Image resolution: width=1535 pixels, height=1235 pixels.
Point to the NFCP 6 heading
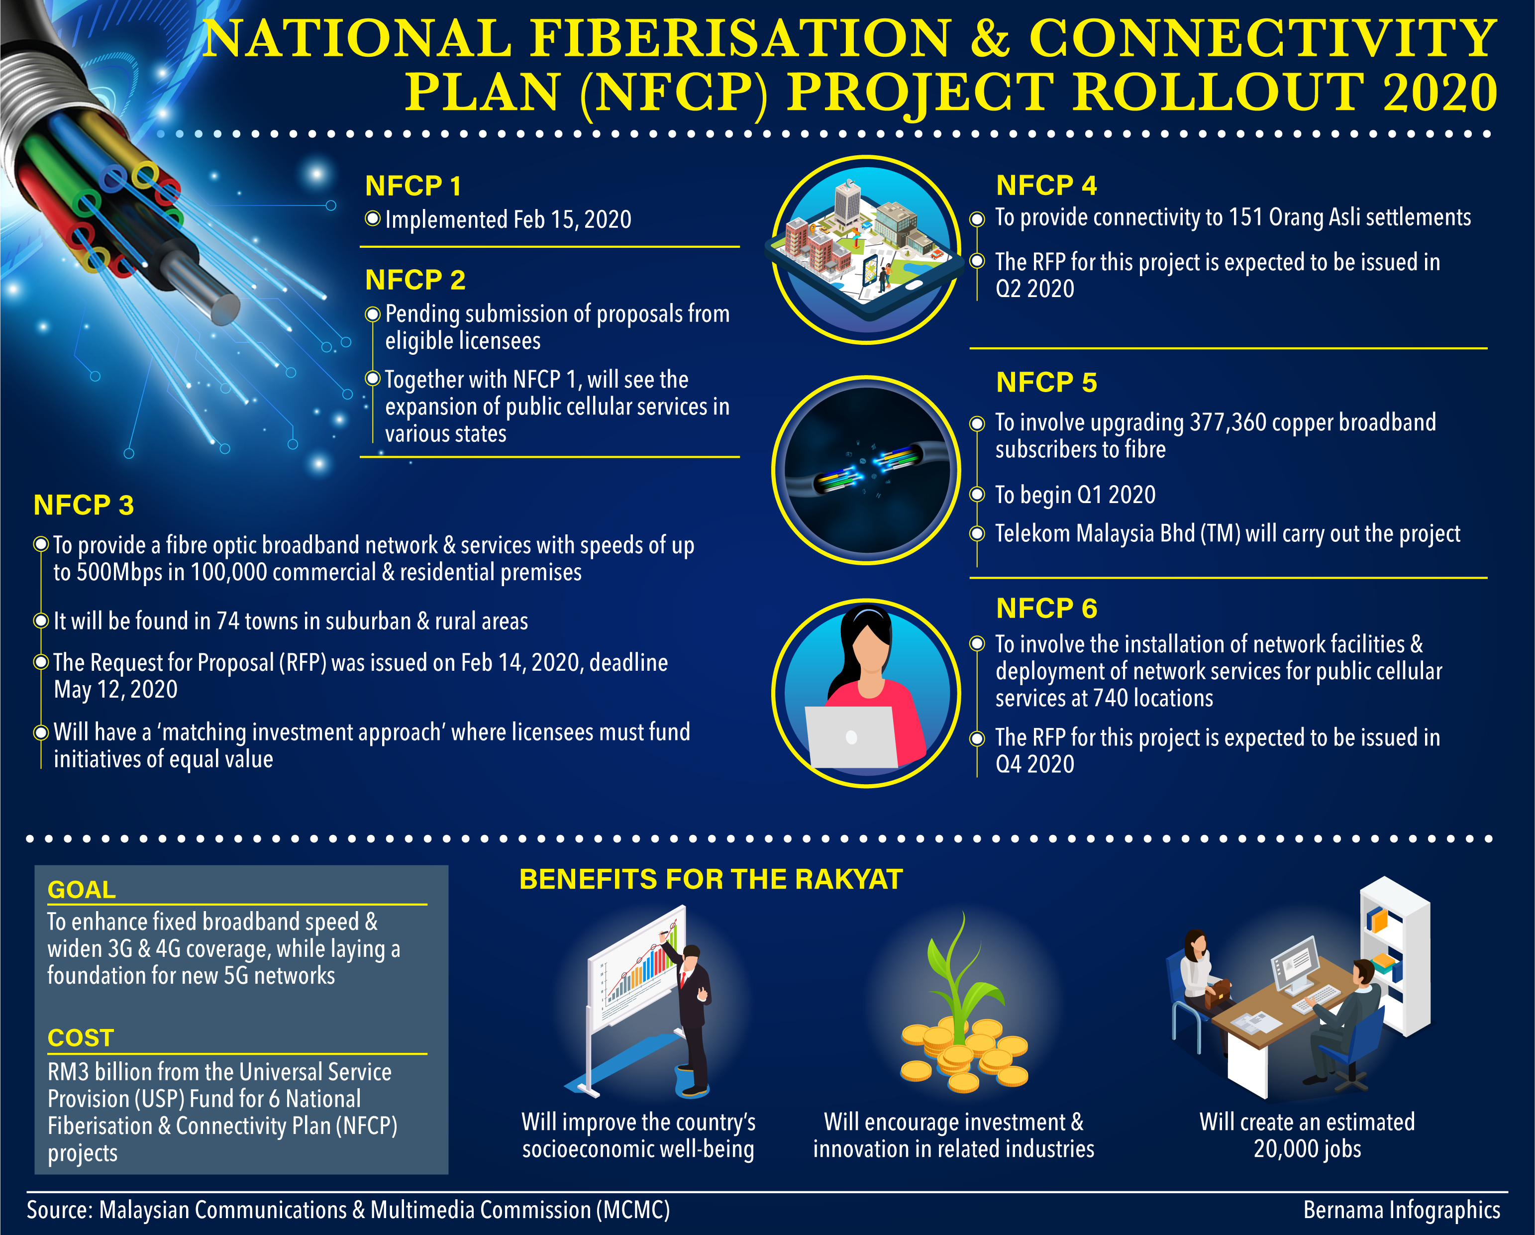coord(1046,608)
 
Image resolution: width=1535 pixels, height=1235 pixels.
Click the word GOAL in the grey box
coord(81,890)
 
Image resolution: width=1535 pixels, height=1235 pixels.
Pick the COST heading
coord(81,1038)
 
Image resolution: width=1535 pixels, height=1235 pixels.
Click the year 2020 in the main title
coord(1439,93)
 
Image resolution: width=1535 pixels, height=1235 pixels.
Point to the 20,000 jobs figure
coord(1307,1149)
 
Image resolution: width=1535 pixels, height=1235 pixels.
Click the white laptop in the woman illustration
coord(851,737)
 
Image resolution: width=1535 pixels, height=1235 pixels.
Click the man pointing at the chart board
coord(691,1018)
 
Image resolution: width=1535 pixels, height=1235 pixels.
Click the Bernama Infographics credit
coord(1402,1210)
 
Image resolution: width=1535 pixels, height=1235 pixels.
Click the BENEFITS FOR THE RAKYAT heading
coord(711,880)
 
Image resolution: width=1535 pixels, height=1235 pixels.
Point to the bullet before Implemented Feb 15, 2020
coord(372,218)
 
